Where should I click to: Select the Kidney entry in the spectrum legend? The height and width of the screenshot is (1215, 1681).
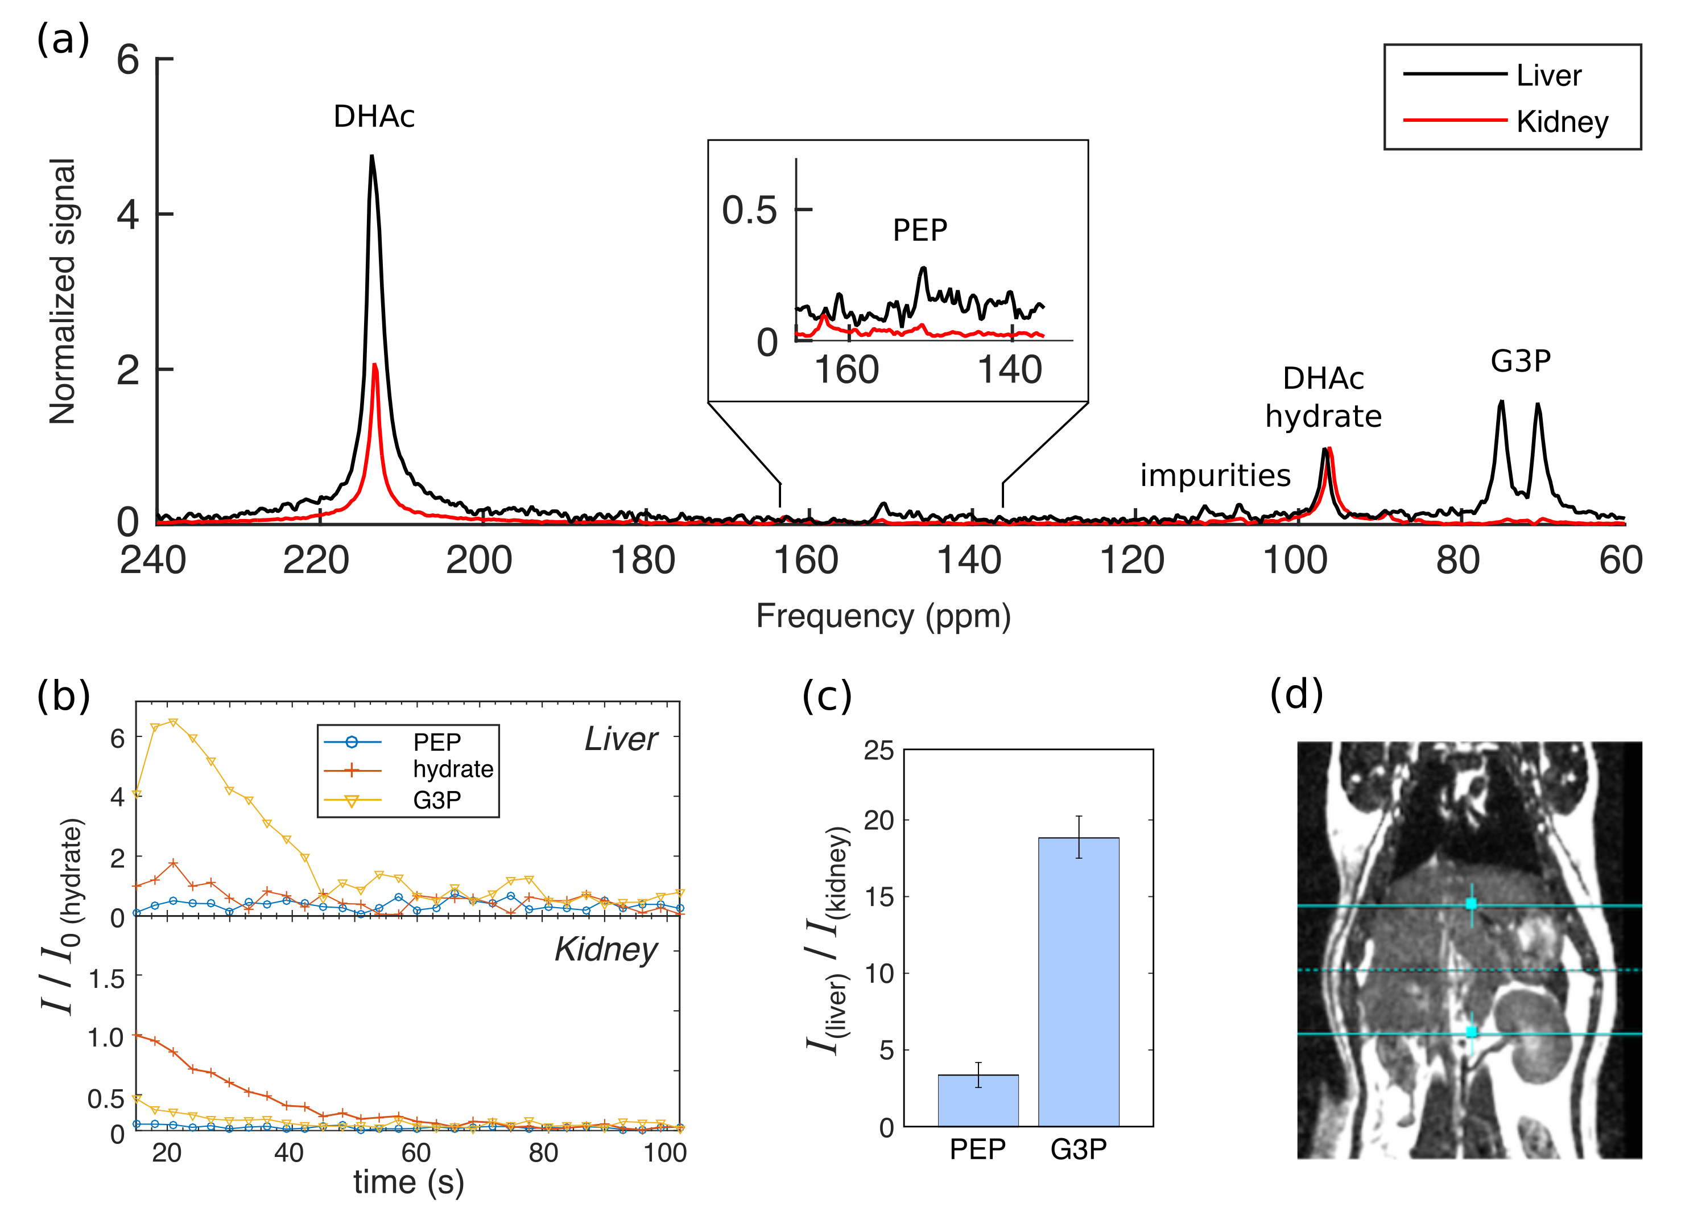coord(1561,122)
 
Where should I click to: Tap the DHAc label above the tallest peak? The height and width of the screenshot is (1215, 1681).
coord(374,117)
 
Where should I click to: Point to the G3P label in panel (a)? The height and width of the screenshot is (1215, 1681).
coord(1519,361)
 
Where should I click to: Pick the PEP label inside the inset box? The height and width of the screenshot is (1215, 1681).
coord(919,230)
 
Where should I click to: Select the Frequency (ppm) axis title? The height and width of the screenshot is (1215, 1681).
coord(883,616)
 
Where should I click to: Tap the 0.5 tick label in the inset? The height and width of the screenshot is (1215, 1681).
coord(749,211)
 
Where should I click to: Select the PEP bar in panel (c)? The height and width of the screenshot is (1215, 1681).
coord(978,1100)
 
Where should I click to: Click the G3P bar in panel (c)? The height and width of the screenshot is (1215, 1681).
coord(1079,982)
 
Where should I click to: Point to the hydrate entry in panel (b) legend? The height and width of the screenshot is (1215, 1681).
coord(452,769)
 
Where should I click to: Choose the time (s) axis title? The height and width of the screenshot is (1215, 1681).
coord(408,1183)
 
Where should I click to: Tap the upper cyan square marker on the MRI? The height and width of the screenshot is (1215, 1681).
coord(1471,904)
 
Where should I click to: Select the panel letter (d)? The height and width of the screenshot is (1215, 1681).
coord(1296,695)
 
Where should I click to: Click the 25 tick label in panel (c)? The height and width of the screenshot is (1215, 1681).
coord(878,751)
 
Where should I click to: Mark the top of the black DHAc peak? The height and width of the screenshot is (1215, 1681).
coord(372,156)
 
